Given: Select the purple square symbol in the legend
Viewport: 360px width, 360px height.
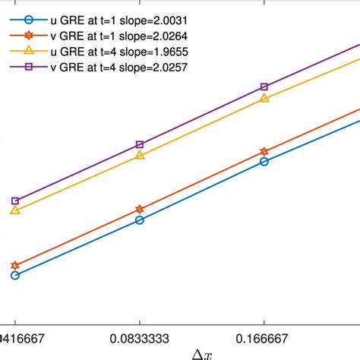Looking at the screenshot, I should pyautogui.click(x=28, y=67).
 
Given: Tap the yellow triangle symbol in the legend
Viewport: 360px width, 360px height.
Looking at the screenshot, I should pyautogui.click(x=28, y=50).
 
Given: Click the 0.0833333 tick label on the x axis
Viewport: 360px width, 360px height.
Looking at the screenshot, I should pyautogui.click(x=140, y=333).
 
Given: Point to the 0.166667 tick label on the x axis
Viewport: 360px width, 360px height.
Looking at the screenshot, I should pyautogui.click(x=264, y=333).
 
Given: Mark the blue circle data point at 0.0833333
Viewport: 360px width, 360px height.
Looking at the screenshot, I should pyautogui.click(x=140, y=220).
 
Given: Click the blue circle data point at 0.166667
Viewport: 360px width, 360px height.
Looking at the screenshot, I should pyautogui.click(x=264, y=162).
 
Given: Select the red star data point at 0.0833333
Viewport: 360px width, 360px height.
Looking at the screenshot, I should pyautogui.click(x=140, y=209).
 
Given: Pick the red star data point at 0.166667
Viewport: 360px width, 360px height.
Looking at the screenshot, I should pyautogui.click(x=264, y=152).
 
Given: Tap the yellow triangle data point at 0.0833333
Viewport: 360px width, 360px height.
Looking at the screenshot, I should pyautogui.click(x=140, y=156).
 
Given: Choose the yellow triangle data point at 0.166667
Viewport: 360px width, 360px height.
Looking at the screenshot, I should pyautogui.click(x=264, y=98).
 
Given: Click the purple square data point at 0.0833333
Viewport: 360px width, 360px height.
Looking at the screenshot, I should pyautogui.click(x=140, y=144).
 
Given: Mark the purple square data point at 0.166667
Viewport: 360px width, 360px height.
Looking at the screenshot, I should pyautogui.click(x=264, y=87).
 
